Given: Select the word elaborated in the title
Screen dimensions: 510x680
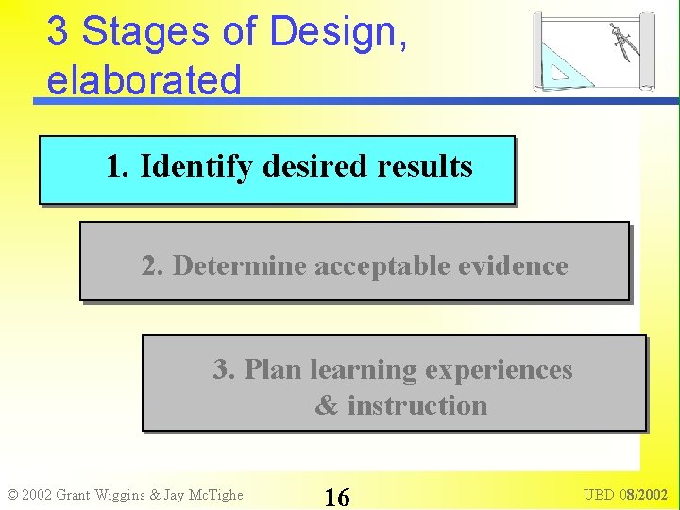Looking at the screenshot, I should pos(144,80).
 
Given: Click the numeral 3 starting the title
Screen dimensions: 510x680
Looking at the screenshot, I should pos(57,32).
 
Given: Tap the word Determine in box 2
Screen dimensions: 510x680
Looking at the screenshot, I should pos(241,266).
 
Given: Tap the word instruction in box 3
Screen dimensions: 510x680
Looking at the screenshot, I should pos(416,406).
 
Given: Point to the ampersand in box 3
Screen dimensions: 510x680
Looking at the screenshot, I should pos(326,406).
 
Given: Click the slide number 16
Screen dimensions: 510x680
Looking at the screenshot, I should pos(336,496).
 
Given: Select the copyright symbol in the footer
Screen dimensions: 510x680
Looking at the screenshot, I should pos(11,495).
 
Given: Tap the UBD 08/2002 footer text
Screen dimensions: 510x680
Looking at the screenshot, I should pos(624,495).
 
